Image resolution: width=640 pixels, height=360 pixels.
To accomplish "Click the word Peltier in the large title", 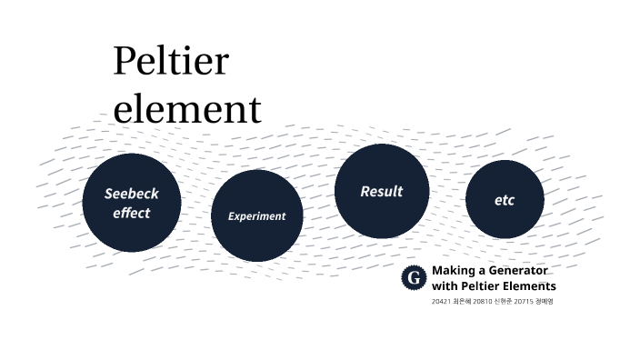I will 170,62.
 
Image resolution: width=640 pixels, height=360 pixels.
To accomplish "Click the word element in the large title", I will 186,109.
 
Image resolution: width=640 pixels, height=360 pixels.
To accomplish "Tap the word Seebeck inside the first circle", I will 132,194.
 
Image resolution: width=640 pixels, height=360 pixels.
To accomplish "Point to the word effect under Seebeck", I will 132,213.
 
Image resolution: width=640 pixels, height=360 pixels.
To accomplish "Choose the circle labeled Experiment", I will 256,232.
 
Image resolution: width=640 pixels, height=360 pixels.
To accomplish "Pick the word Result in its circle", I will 382,191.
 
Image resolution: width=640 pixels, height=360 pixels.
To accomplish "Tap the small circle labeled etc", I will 505,200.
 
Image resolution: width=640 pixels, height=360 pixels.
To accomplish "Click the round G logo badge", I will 415,278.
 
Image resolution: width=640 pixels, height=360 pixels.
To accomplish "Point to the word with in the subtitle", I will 444,286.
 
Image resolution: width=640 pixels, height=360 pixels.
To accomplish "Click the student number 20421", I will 441,301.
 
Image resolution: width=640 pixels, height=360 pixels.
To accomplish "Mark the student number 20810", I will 482,301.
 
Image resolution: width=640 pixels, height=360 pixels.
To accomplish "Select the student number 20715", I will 523,301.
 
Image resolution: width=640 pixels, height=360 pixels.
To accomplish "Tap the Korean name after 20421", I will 462,301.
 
